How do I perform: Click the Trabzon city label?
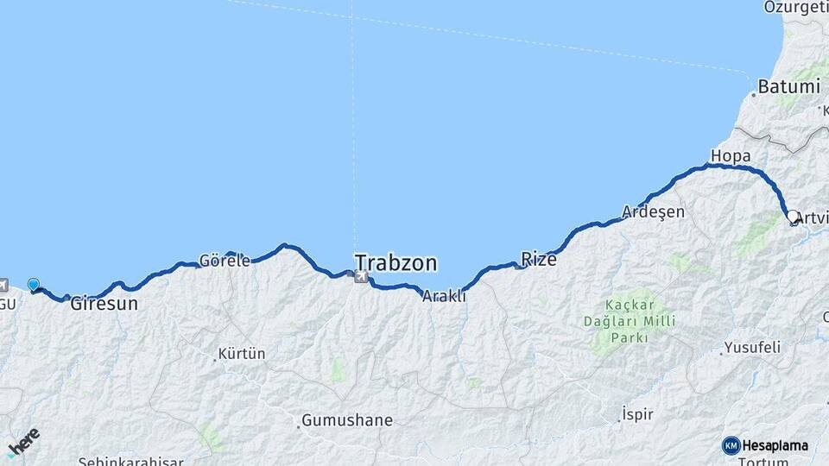(x=396, y=262)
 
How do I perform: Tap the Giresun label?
(x=104, y=304)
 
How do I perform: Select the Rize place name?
(x=539, y=258)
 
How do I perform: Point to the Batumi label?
(x=788, y=87)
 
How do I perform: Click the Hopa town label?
(x=730, y=156)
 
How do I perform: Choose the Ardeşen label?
(x=654, y=212)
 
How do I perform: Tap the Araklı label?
(x=444, y=296)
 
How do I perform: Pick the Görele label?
(x=225, y=260)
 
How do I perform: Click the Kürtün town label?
(x=242, y=354)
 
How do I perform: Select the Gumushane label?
(x=346, y=421)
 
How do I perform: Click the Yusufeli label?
(x=751, y=348)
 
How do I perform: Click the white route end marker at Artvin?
(x=793, y=216)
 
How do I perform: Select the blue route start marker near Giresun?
(x=34, y=284)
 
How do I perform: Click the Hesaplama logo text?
(x=774, y=445)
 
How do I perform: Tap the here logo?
(x=23, y=441)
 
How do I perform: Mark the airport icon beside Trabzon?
(x=360, y=276)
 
